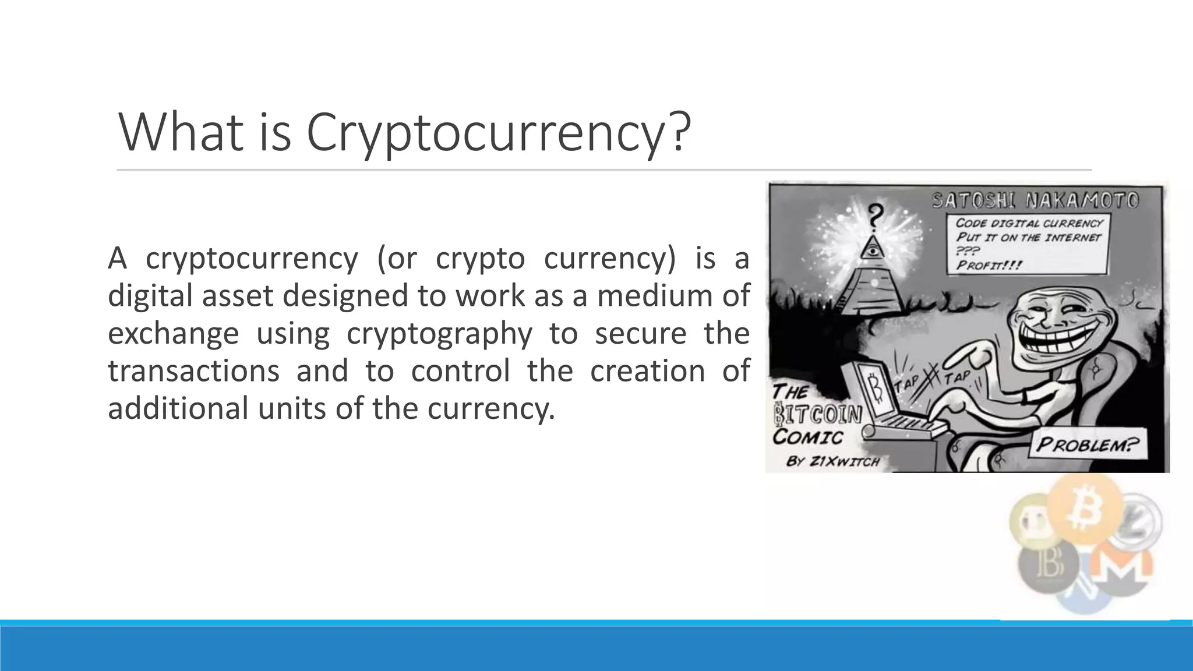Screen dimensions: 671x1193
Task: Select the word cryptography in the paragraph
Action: (439, 333)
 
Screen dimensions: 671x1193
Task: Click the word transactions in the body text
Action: (193, 370)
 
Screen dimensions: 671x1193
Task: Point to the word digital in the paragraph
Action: (150, 295)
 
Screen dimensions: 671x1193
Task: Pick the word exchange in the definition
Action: (173, 333)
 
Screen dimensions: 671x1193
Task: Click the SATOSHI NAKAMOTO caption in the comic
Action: (1035, 200)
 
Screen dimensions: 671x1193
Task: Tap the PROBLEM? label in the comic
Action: (1087, 446)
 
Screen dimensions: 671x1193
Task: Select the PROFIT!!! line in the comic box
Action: (989, 265)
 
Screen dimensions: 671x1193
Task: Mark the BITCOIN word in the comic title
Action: (817, 415)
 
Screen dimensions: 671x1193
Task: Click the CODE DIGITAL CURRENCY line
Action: (1029, 223)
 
